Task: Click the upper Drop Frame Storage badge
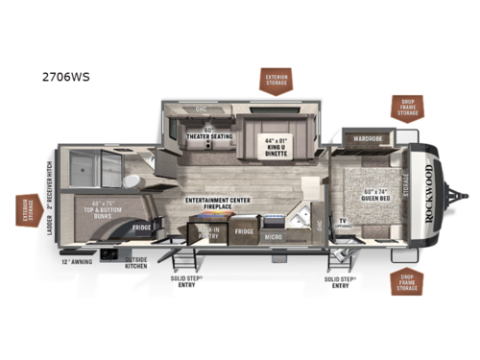(x=407, y=108)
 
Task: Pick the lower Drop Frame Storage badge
(x=407, y=284)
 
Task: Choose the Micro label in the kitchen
(x=273, y=236)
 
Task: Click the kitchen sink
(x=300, y=213)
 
